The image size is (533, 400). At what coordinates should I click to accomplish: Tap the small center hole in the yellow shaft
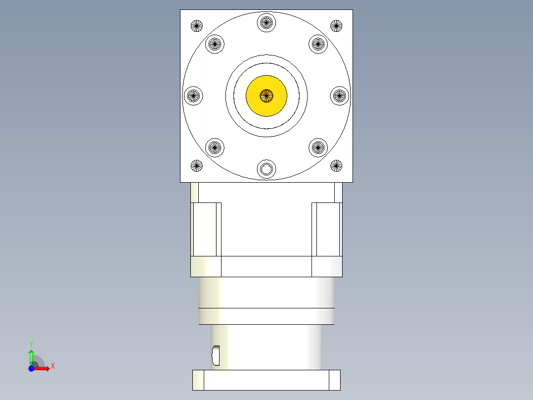266,96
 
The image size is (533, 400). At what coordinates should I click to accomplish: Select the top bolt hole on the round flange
266,22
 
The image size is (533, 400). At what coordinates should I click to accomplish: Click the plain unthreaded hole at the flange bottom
266,169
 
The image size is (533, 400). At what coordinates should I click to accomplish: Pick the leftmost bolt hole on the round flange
193,96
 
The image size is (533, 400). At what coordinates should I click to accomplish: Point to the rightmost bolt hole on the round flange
340,96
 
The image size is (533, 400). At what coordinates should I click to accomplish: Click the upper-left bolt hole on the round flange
215,44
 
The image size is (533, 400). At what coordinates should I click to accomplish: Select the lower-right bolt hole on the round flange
318,147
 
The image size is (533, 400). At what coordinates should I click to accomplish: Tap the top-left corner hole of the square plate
197,25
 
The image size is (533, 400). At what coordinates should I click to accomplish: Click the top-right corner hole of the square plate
336,25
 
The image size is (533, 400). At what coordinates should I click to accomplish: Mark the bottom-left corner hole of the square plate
197,166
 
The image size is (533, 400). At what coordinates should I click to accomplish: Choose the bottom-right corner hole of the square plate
336,166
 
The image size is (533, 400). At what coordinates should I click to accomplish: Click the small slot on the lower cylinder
216,354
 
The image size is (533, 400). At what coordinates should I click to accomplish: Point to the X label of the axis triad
53,366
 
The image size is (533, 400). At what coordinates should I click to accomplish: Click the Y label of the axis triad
31,344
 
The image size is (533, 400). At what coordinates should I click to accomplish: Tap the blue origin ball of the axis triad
31,368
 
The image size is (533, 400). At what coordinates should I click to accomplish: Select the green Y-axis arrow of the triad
31,356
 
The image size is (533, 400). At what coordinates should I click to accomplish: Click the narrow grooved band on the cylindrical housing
266,316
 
